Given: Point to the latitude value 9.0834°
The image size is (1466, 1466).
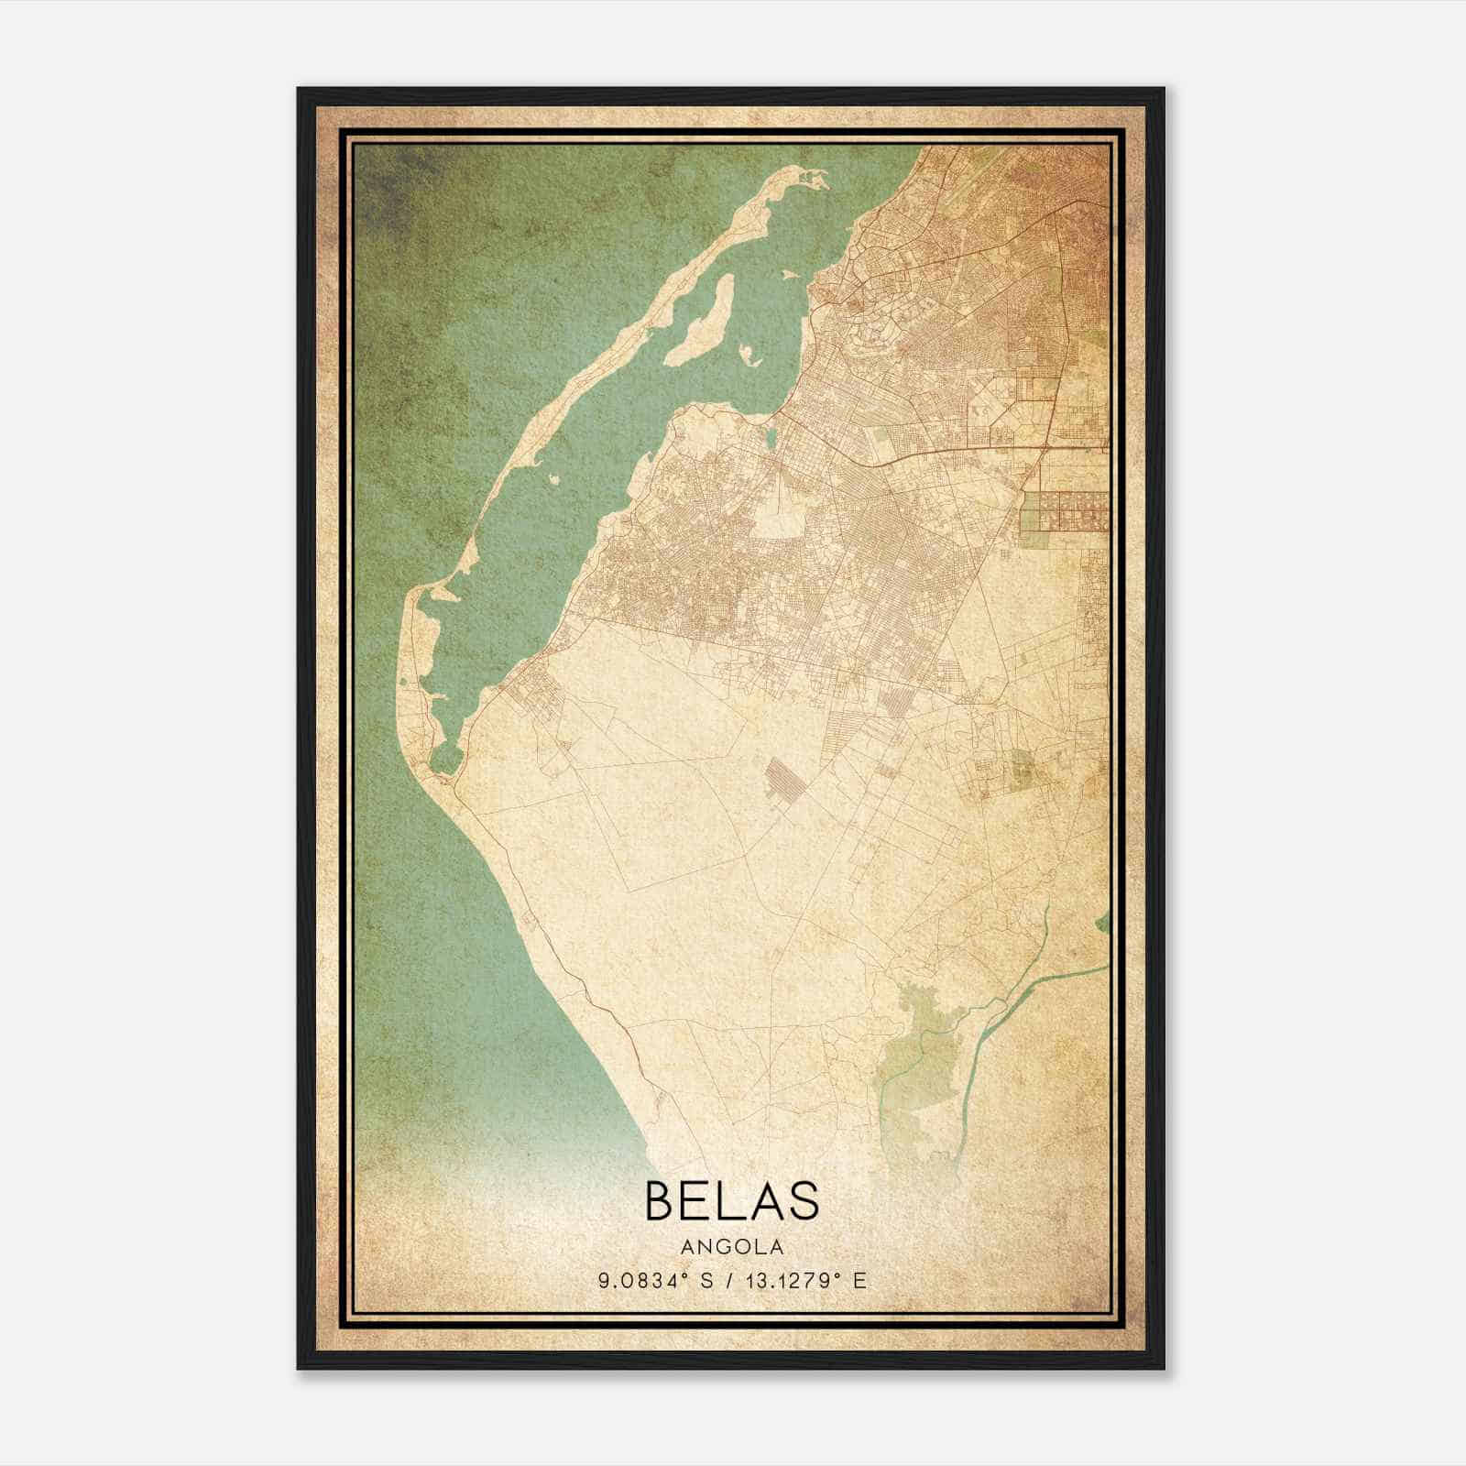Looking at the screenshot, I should pyautogui.click(x=642, y=1281).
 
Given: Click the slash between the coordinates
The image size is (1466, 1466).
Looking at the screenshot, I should pyautogui.click(x=729, y=1281).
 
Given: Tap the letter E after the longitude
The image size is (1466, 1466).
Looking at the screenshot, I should pyautogui.click(x=859, y=1281).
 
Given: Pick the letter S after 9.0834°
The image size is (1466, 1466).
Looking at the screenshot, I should pyautogui.click(x=705, y=1281).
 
